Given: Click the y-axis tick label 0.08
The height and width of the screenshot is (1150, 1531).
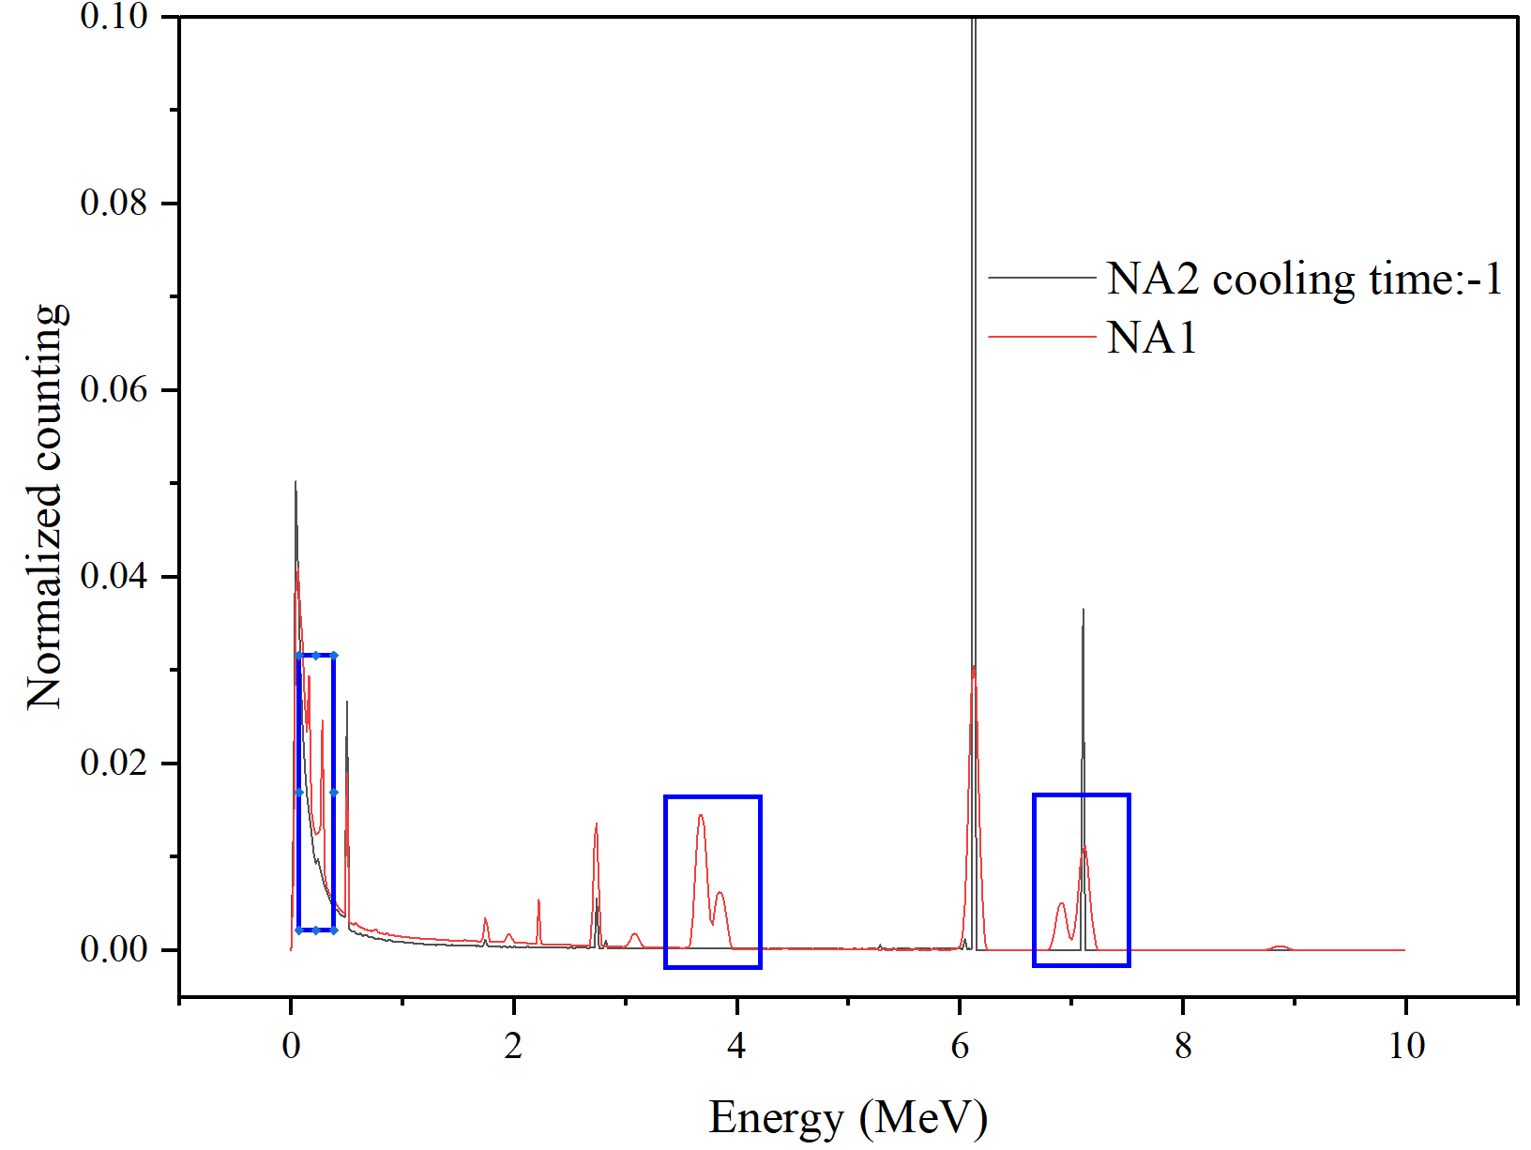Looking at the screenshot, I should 114,203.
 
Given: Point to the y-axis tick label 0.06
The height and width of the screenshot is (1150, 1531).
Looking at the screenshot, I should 114,389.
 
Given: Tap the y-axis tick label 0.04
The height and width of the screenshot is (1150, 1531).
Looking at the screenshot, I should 114,576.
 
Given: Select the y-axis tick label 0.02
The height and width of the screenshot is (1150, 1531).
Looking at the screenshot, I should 114,763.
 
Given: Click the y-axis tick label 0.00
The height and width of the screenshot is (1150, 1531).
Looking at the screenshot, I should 114,949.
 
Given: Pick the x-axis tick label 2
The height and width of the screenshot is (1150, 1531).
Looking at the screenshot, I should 513,1045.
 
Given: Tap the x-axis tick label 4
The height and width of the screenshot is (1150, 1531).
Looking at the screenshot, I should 736,1045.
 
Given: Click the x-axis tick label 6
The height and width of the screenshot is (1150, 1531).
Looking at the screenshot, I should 960,1045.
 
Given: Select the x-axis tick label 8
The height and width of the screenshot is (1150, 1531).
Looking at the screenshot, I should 1183,1045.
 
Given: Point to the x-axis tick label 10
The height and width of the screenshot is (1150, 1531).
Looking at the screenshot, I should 1406,1045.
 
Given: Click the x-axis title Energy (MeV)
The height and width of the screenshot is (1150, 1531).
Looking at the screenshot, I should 848,1117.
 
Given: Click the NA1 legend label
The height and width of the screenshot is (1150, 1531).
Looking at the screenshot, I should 1152,338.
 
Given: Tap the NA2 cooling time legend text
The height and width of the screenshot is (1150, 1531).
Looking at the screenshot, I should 1304,280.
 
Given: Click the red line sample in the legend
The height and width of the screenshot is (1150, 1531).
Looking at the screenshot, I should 1041,336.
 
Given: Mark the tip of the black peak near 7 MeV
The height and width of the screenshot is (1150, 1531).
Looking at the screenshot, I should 1083,610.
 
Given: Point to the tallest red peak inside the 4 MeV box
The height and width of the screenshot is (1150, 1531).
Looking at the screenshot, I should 701,816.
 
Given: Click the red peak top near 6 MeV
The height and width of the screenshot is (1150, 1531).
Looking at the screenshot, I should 974,667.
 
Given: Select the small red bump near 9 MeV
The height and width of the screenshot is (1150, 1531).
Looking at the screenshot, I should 1281,947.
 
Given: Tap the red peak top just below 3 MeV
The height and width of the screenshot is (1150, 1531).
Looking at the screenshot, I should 596,825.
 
